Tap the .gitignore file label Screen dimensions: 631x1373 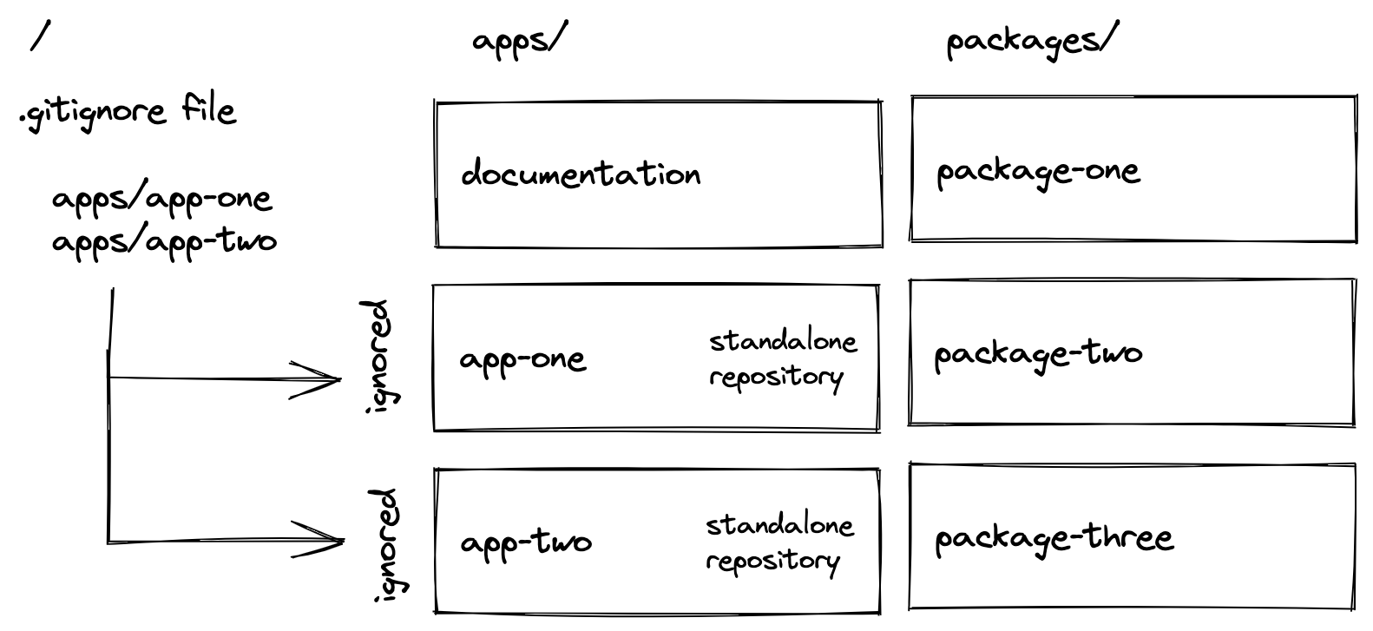pyautogui.click(x=128, y=112)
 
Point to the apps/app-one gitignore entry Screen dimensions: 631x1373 pyautogui.click(x=161, y=200)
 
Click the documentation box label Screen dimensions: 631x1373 pyautogui.click(x=581, y=174)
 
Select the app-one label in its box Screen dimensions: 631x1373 pyautogui.click(x=522, y=359)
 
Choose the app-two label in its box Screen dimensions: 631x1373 pyautogui.click(x=526, y=543)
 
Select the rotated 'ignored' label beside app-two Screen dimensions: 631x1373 pyautogui.click(x=383, y=544)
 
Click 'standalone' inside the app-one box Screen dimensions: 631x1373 pyautogui.click(x=783, y=341)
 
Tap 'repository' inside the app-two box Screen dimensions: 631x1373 pyautogui.click(x=773, y=561)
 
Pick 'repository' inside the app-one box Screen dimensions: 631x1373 pyautogui.click(x=776, y=378)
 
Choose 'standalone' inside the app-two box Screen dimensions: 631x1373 pyautogui.click(x=779, y=525)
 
